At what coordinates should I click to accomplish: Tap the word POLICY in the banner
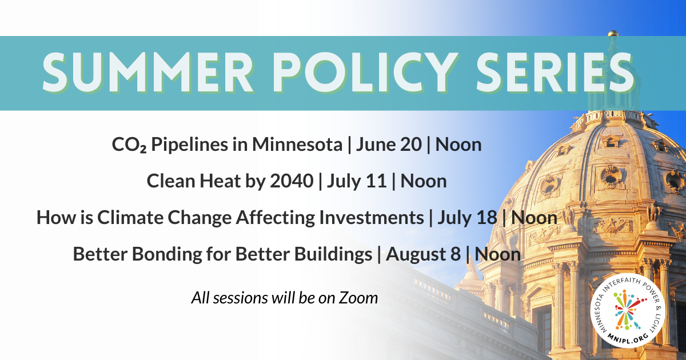tap(363, 73)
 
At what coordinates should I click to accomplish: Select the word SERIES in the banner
tap(555, 73)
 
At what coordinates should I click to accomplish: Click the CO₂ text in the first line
tap(129, 145)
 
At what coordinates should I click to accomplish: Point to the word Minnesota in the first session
tap(297, 144)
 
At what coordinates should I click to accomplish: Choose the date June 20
tap(389, 145)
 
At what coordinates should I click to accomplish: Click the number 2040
tap(292, 181)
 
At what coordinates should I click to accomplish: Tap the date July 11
tap(357, 181)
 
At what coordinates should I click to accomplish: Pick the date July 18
tap(467, 218)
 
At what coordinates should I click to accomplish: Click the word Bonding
tap(167, 254)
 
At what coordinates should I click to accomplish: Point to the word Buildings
tap(333, 254)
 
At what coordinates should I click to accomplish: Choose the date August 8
tap(423, 254)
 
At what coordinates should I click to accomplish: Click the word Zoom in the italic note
tap(358, 298)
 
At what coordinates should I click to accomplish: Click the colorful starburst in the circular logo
tap(628, 310)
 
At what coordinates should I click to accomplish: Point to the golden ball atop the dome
tap(613, 33)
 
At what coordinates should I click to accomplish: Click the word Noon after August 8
tap(498, 254)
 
